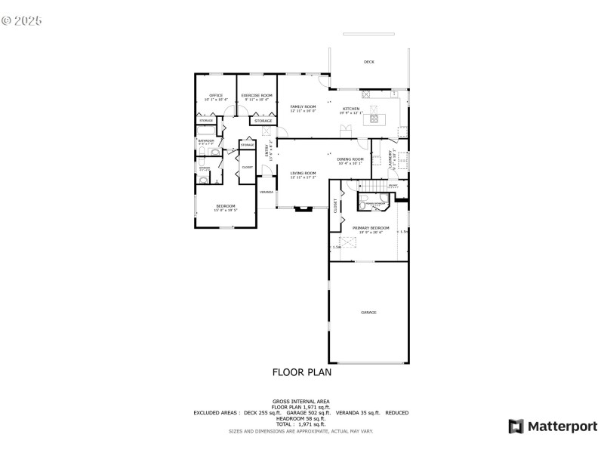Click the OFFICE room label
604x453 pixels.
pos(215,95)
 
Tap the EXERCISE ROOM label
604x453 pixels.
pos(256,95)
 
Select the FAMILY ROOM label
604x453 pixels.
pos(303,107)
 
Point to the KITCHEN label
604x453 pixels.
pos(351,109)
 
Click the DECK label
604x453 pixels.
pos(368,62)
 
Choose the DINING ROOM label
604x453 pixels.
pos(350,159)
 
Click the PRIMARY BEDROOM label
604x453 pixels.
pos(371,228)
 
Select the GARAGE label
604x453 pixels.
pos(368,312)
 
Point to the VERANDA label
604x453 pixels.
pos(267,193)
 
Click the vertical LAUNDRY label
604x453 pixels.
pos(390,159)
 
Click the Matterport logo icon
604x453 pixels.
pos(516,427)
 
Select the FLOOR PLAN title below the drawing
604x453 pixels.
pos(301,372)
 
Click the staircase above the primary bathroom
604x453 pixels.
pos(371,186)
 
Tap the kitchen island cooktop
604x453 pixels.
pos(374,118)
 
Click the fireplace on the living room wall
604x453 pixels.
pos(304,208)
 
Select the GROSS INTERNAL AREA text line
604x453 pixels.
pos(300,401)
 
